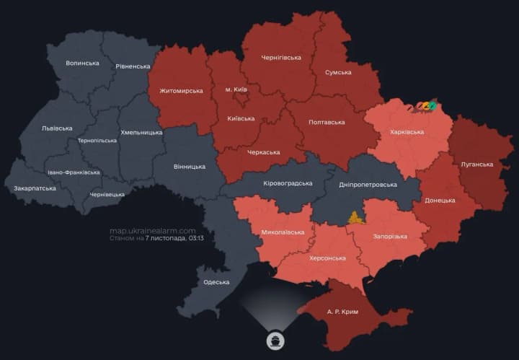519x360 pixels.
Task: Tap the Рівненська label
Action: (133, 66)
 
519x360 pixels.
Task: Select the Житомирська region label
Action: (181, 91)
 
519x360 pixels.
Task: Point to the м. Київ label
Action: (236, 89)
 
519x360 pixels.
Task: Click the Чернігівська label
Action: (280, 57)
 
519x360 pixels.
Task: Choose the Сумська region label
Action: (338, 72)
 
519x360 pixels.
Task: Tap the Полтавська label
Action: (326, 123)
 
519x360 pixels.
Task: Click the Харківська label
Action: (407, 132)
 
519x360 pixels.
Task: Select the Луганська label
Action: (476, 164)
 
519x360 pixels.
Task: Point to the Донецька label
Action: (440, 200)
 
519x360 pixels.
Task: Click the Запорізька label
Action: (390, 236)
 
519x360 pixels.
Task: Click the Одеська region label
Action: (216, 282)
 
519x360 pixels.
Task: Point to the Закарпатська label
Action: (35, 188)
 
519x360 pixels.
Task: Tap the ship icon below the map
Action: (275, 339)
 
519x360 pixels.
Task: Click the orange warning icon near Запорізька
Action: (355, 217)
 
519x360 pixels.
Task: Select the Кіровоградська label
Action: (286, 183)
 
